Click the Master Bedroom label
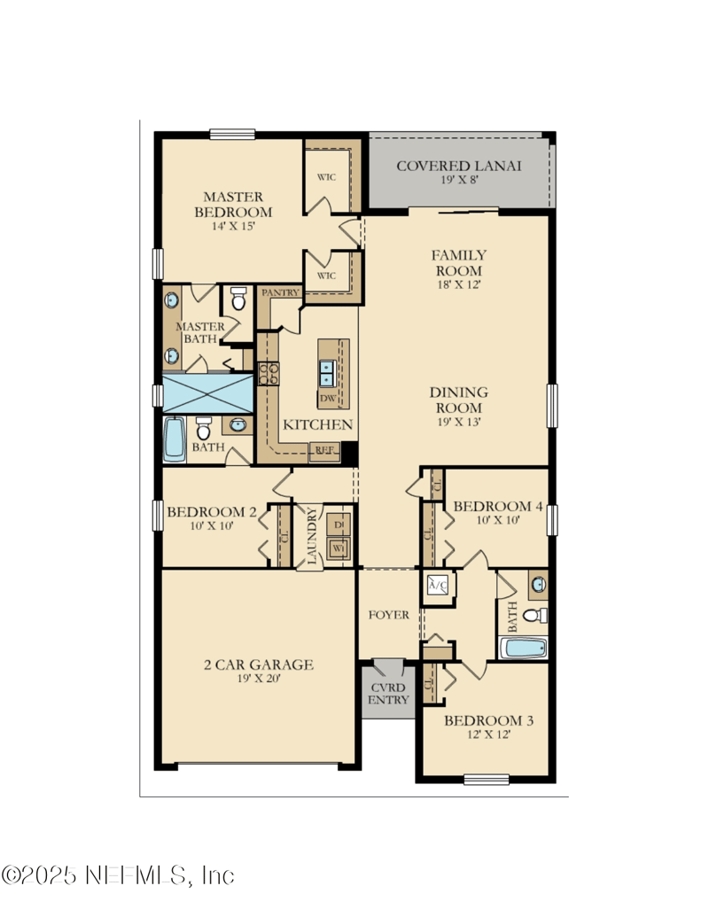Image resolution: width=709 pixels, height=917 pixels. click(237, 205)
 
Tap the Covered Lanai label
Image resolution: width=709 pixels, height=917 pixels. click(458, 166)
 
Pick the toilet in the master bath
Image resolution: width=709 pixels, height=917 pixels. click(238, 299)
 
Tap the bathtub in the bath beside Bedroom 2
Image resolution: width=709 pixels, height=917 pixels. click(175, 438)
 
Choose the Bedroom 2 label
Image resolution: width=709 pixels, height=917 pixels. click(212, 511)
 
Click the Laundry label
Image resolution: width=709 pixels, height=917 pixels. click(312, 536)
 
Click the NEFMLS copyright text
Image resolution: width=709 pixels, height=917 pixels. click(118, 875)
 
